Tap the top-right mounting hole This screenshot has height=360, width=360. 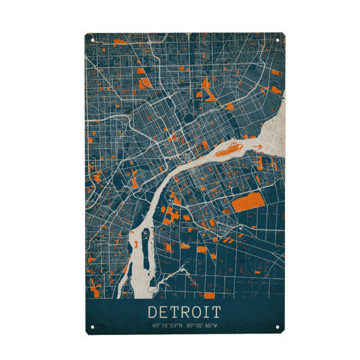click(278, 40)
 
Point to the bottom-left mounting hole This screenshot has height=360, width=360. click(92, 328)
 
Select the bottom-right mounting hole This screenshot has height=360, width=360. click(278, 328)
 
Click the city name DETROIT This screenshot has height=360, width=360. click(184, 312)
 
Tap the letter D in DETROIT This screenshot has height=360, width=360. click(152, 312)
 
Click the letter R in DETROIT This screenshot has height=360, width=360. click(184, 312)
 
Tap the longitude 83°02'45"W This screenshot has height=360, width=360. click(202, 326)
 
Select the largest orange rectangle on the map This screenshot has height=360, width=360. click(246, 202)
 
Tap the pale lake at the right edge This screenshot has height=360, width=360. click(274, 129)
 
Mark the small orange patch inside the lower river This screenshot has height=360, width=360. click(137, 244)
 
